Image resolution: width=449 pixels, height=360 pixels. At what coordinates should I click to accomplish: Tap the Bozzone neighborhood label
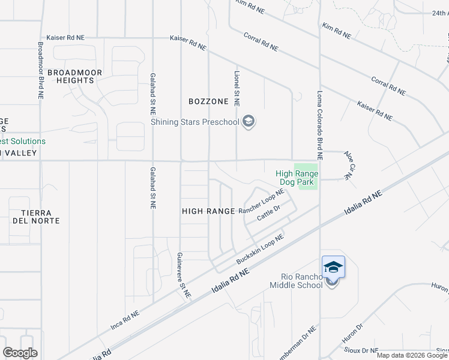(x=208, y=101)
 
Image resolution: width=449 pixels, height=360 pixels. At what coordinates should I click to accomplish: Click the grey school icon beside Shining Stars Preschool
(x=249, y=122)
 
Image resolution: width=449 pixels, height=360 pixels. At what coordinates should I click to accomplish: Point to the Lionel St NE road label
(x=237, y=87)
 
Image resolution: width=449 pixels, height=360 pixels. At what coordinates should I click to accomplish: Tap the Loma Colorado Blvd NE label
(x=320, y=125)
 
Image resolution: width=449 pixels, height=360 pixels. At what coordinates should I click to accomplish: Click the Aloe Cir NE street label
(x=348, y=165)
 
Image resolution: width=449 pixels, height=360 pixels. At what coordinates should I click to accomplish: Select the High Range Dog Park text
(x=297, y=177)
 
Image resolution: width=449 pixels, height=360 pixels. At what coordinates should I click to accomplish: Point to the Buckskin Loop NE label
(x=259, y=250)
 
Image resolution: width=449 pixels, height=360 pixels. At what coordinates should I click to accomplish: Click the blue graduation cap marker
(x=333, y=266)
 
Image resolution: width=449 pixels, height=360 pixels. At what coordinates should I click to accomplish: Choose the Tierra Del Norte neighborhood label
(x=36, y=217)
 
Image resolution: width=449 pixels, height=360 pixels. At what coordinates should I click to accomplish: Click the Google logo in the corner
(x=20, y=353)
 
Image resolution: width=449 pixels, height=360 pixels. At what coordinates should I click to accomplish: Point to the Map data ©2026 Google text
(x=412, y=355)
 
